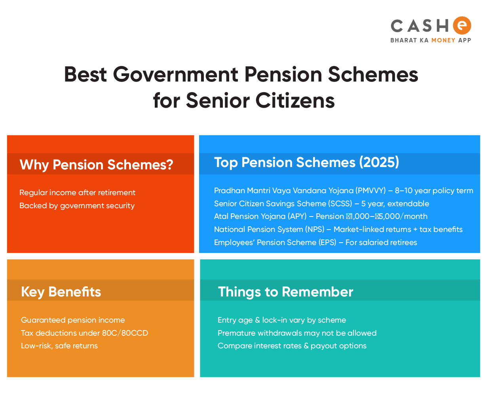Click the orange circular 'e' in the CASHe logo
[462, 25]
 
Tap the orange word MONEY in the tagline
[443, 40]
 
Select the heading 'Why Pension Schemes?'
[96, 164]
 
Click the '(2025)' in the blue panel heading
[379, 162]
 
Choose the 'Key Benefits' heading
[61, 292]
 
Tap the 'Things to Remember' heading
[285, 291]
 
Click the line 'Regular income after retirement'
[78, 192]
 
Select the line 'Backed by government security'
[77, 206]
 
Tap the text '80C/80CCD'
[125, 333]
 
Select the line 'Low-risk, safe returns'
[59, 346]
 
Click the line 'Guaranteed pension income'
[73, 320]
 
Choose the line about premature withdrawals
[297, 333]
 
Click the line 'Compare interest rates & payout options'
[292, 346]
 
